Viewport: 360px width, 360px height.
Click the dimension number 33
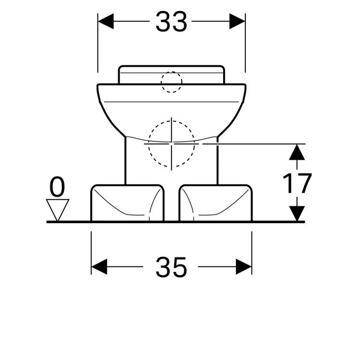[x=171, y=22]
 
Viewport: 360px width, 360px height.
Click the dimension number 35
[x=171, y=267]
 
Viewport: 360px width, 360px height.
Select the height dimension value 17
[x=297, y=183]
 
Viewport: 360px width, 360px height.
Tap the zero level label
[x=57, y=187]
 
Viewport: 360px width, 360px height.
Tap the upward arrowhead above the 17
[x=298, y=152]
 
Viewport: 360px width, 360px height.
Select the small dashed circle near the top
[x=171, y=82]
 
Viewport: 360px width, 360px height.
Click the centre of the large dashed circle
[x=171, y=143]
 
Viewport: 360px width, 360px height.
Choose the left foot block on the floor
[x=127, y=203]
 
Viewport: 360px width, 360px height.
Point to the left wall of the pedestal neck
[x=126, y=161]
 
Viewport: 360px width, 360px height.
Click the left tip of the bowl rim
[x=97, y=86]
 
